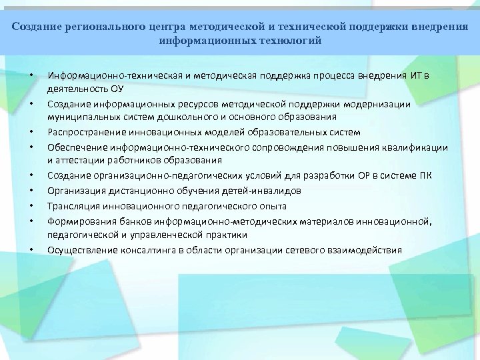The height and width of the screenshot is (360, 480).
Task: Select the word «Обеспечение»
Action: point(72,146)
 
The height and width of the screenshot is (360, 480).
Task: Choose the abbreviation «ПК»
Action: point(425,175)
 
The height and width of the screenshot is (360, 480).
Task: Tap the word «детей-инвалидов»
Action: point(267,190)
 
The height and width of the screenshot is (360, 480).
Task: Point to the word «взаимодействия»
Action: point(364,250)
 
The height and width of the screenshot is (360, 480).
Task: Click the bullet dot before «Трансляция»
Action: point(31,207)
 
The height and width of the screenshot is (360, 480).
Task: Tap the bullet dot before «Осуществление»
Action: point(31,251)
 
